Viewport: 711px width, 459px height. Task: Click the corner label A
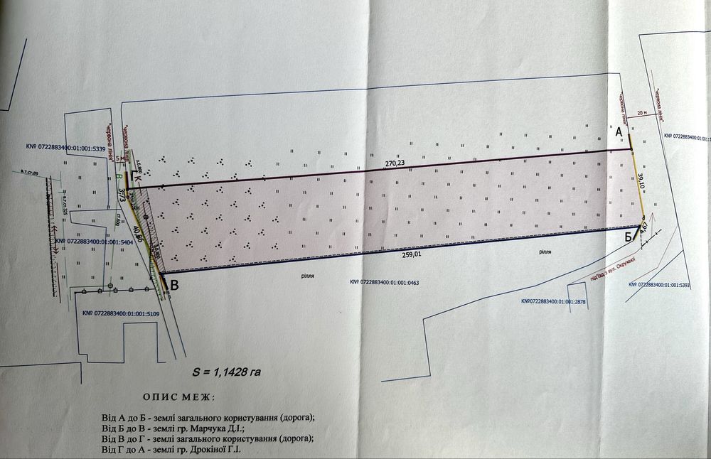(x=619, y=132)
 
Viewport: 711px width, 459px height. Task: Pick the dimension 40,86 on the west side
(x=139, y=234)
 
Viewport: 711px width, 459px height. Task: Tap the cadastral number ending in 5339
(x=65, y=148)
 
